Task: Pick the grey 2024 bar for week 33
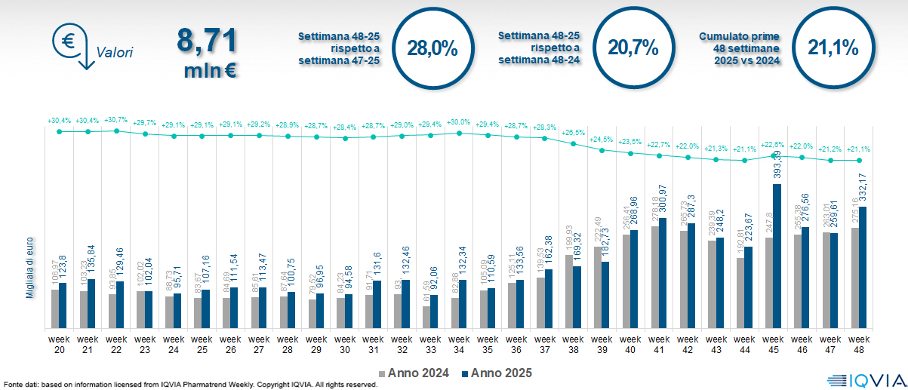(x=427, y=317)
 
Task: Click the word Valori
(x=115, y=53)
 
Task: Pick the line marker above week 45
(x=774, y=156)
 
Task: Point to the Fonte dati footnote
(x=189, y=385)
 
